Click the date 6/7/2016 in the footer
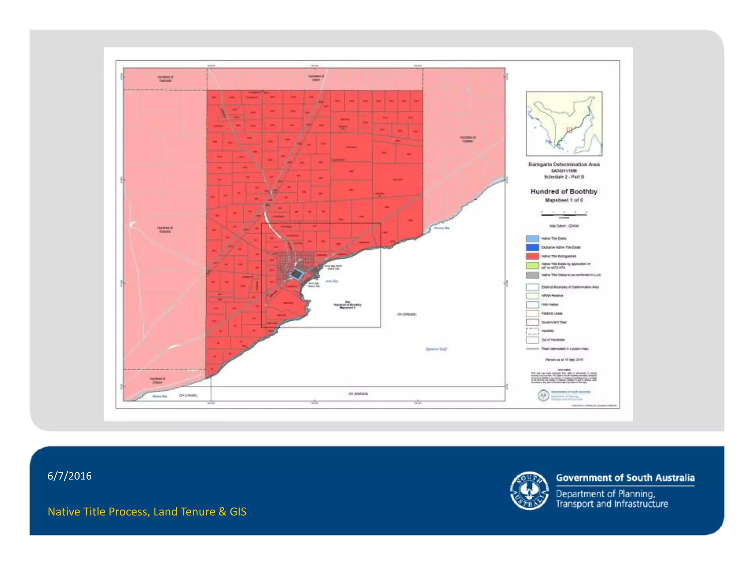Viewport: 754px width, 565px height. [70, 476]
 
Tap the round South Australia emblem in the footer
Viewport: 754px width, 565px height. [529, 491]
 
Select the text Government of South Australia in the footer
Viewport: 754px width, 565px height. [625, 478]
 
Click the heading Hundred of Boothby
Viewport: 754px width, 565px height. [564, 191]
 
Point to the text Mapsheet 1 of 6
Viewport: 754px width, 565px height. [564, 200]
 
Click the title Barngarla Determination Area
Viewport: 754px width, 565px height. [564, 164]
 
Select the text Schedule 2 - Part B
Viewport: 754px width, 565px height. [564, 177]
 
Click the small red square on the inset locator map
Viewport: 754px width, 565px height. [569, 130]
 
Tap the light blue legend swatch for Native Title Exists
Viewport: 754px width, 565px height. [532, 239]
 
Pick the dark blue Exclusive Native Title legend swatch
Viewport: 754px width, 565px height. [532, 248]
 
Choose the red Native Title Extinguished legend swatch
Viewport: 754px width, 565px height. [532, 256]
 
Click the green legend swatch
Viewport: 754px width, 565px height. [532, 265]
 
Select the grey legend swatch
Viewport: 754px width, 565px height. [532, 275]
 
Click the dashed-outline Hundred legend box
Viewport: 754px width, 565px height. [532, 331]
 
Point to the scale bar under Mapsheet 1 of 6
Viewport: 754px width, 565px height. [564, 213]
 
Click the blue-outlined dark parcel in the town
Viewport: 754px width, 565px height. [297, 274]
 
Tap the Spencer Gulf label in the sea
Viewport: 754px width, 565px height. [436, 349]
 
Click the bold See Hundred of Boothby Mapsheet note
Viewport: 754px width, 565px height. [347, 305]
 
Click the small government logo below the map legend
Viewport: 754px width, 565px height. [544, 395]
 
